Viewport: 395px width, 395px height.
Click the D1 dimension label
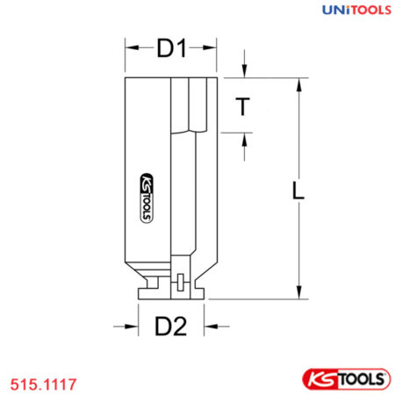171,51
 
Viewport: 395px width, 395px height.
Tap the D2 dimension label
171,327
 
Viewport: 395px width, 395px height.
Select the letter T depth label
245,107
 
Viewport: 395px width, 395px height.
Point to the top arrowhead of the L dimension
299,82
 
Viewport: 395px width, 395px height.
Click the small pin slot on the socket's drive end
179,283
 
